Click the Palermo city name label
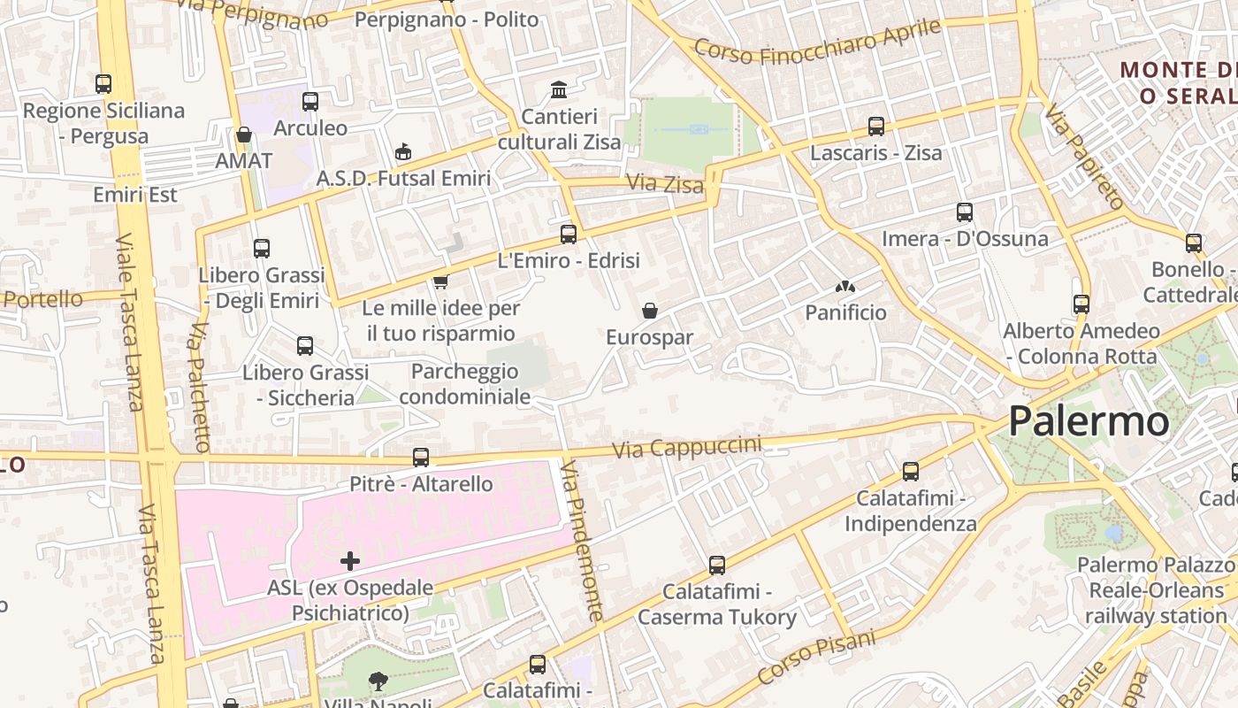(x=1089, y=421)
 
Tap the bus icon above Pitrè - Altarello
(x=421, y=458)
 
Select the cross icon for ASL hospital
(x=350, y=560)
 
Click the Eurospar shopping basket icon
(x=650, y=311)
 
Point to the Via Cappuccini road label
(x=687, y=447)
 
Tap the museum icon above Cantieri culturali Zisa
(x=559, y=89)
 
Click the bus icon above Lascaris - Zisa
(x=876, y=127)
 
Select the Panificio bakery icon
(x=845, y=287)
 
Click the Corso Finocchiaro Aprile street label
(x=817, y=40)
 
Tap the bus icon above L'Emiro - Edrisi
(x=569, y=235)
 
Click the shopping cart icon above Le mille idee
(x=440, y=282)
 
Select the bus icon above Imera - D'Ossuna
(x=965, y=212)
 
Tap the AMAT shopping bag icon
(x=244, y=135)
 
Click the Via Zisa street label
(x=665, y=184)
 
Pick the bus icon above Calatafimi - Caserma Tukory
(x=717, y=565)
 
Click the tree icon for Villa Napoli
(x=378, y=681)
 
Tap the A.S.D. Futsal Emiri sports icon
(x=403, y=152)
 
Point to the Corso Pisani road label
(x=816, y=656)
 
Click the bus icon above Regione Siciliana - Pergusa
(x=103, y=84)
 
